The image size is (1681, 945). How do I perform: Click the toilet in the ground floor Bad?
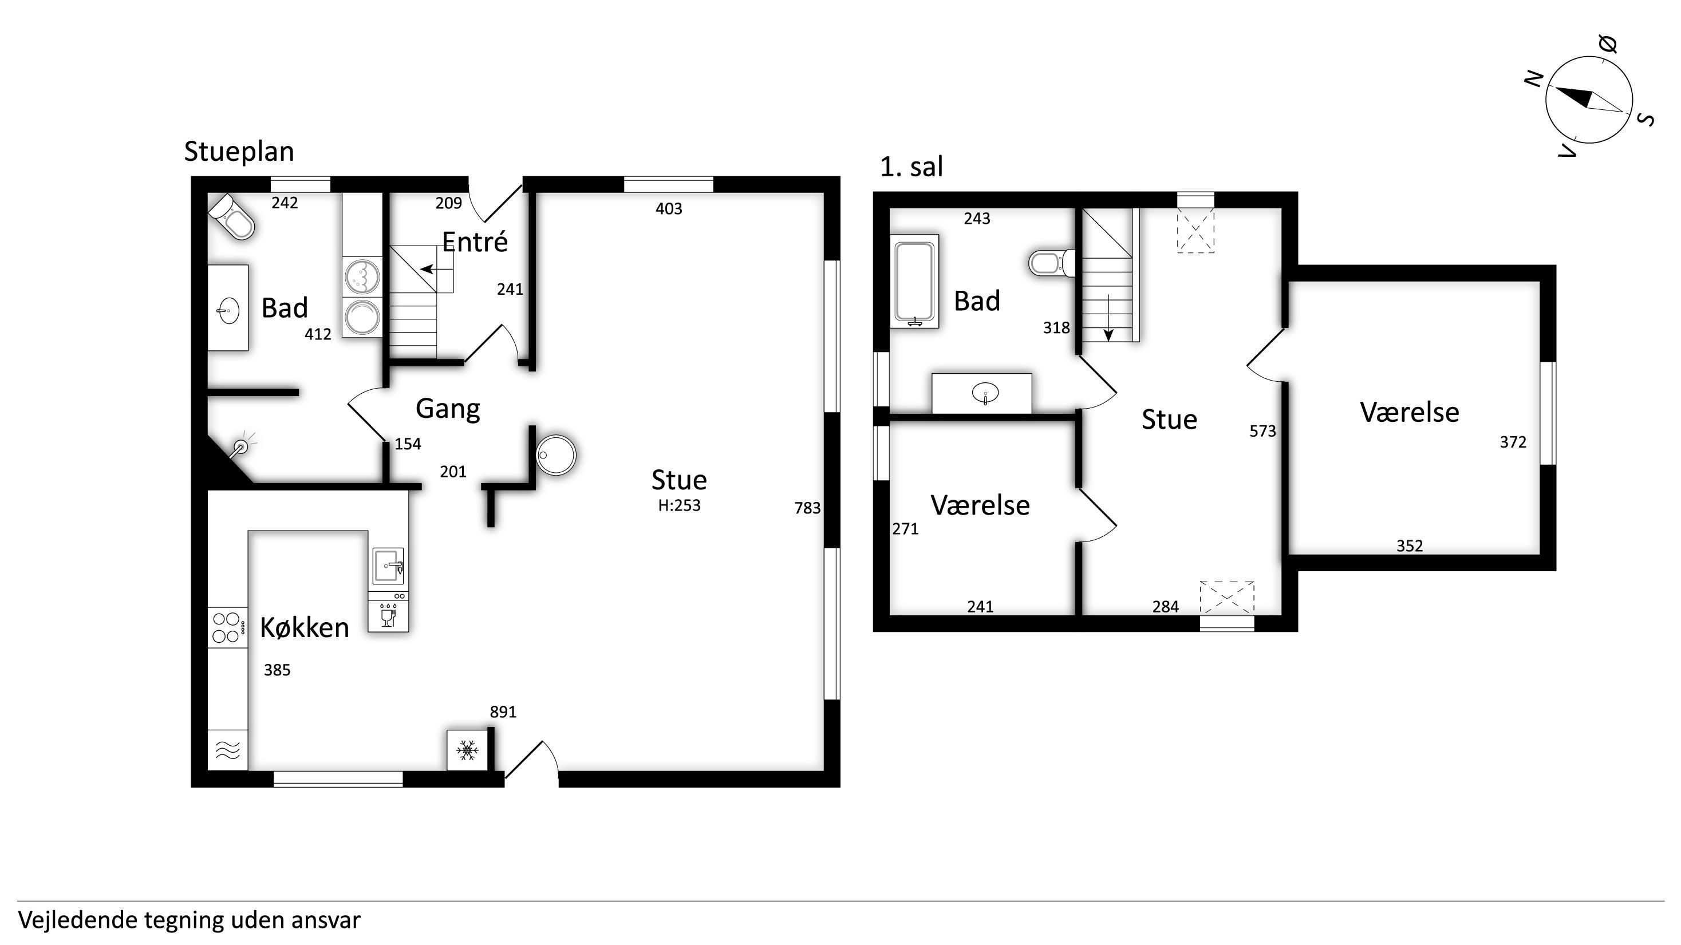tap(231, 216)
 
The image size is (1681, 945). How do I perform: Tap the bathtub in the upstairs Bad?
tap(915, 282)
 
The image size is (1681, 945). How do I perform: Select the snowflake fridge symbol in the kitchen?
tap(467, 750)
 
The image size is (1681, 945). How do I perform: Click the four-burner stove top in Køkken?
tap(228, 627)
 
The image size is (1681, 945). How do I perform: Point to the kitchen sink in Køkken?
tap(388, 565)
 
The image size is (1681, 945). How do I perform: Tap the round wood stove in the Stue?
tap(556, 454)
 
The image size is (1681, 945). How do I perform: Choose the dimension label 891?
tap(503, 712)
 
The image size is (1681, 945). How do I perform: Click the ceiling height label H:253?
tap(679, 505)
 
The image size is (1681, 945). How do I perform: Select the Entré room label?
tap(475, 242)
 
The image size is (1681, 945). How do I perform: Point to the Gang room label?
tap(448, 409)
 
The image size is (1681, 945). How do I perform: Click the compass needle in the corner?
tap(1588, 100)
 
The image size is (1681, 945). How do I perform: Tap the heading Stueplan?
tap(239, 152)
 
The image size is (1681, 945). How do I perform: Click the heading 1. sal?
tap(911, 167)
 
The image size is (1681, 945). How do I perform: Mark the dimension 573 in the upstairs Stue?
tap(1262, 431)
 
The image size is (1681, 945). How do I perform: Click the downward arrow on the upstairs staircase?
tap(1108, 318)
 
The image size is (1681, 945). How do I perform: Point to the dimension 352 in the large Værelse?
tap(1410, 546)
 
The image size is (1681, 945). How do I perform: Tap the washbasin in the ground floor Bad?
tap(228, 309)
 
